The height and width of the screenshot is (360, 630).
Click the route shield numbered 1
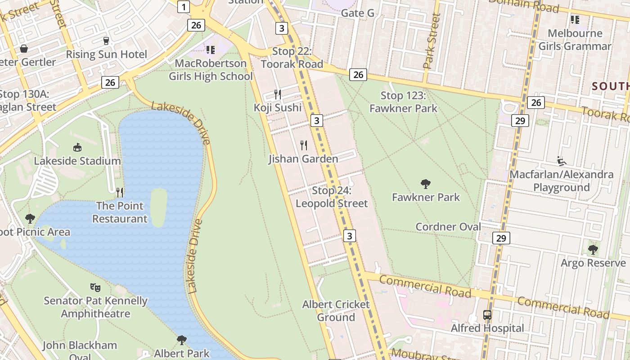tap(184, 7)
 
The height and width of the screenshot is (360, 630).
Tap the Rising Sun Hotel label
tap(106, 54)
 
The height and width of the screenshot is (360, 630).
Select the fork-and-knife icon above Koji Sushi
tap(278, 94)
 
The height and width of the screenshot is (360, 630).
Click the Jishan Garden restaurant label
tap(303, 159)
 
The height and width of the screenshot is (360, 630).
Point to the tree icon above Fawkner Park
tap(425, 184)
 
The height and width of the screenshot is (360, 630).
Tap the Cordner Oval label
tap(448, 227)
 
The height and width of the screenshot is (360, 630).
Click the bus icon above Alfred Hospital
tap(487, 315)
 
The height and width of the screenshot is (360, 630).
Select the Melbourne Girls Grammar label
tap(575, 40)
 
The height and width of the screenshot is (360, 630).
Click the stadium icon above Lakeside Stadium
tap(77, 147)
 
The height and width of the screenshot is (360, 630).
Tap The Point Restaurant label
tap(120, 212)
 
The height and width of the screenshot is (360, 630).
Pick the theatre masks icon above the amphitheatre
tap(95, 287)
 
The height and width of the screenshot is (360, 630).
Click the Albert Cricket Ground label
tap(336, 310)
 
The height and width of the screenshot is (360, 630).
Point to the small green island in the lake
tap(158, 207)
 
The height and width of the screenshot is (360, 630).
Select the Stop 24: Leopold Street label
tap(332, 197)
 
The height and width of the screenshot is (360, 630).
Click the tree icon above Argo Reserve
tap(593, 249)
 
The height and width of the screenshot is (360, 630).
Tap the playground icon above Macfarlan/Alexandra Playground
tap(561, 161)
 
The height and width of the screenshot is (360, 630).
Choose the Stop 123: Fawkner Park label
tap(403, 102)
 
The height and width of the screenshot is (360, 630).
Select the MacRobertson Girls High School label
tap(211, 70)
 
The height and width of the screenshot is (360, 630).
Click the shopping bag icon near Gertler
tap(23, 49)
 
